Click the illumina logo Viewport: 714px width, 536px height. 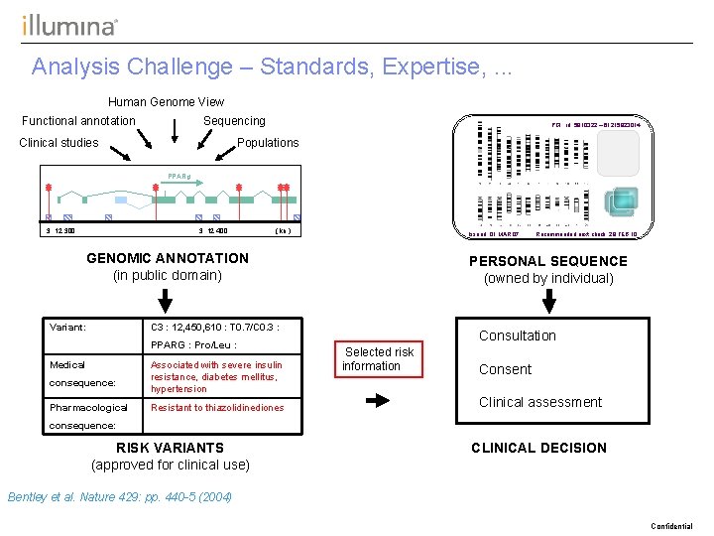click(x=69, y=25)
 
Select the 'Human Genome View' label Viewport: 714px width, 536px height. click(x=166, y=101)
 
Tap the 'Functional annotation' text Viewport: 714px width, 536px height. click(x=78, y=121)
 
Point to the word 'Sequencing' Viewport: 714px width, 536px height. click(x=234, y=121)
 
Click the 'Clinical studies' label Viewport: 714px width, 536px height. click(x=59, y=143)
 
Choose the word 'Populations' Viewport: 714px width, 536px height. click(x=268, y=143)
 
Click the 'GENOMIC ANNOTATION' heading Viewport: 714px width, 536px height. click(x=168, y=258)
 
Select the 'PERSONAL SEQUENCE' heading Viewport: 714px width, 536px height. click(x=548, y=261)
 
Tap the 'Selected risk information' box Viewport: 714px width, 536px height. click(x=378, y=358)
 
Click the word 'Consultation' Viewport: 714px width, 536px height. click(x=517, y=335)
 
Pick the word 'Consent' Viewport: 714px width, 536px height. click(x=505, y=369)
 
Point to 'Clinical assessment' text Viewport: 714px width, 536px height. click(x=539, y=402)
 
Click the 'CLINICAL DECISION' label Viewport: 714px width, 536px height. click(x=538, y=448)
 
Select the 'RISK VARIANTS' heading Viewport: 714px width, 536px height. click(x=170, y=448)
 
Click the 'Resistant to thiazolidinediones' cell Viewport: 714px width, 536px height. click(x=216, y=408)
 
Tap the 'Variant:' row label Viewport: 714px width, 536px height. click(x=67, y=327)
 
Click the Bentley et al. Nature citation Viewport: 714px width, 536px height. click(x=119, y=496)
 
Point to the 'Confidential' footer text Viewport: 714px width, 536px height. click(x=671, y=526)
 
